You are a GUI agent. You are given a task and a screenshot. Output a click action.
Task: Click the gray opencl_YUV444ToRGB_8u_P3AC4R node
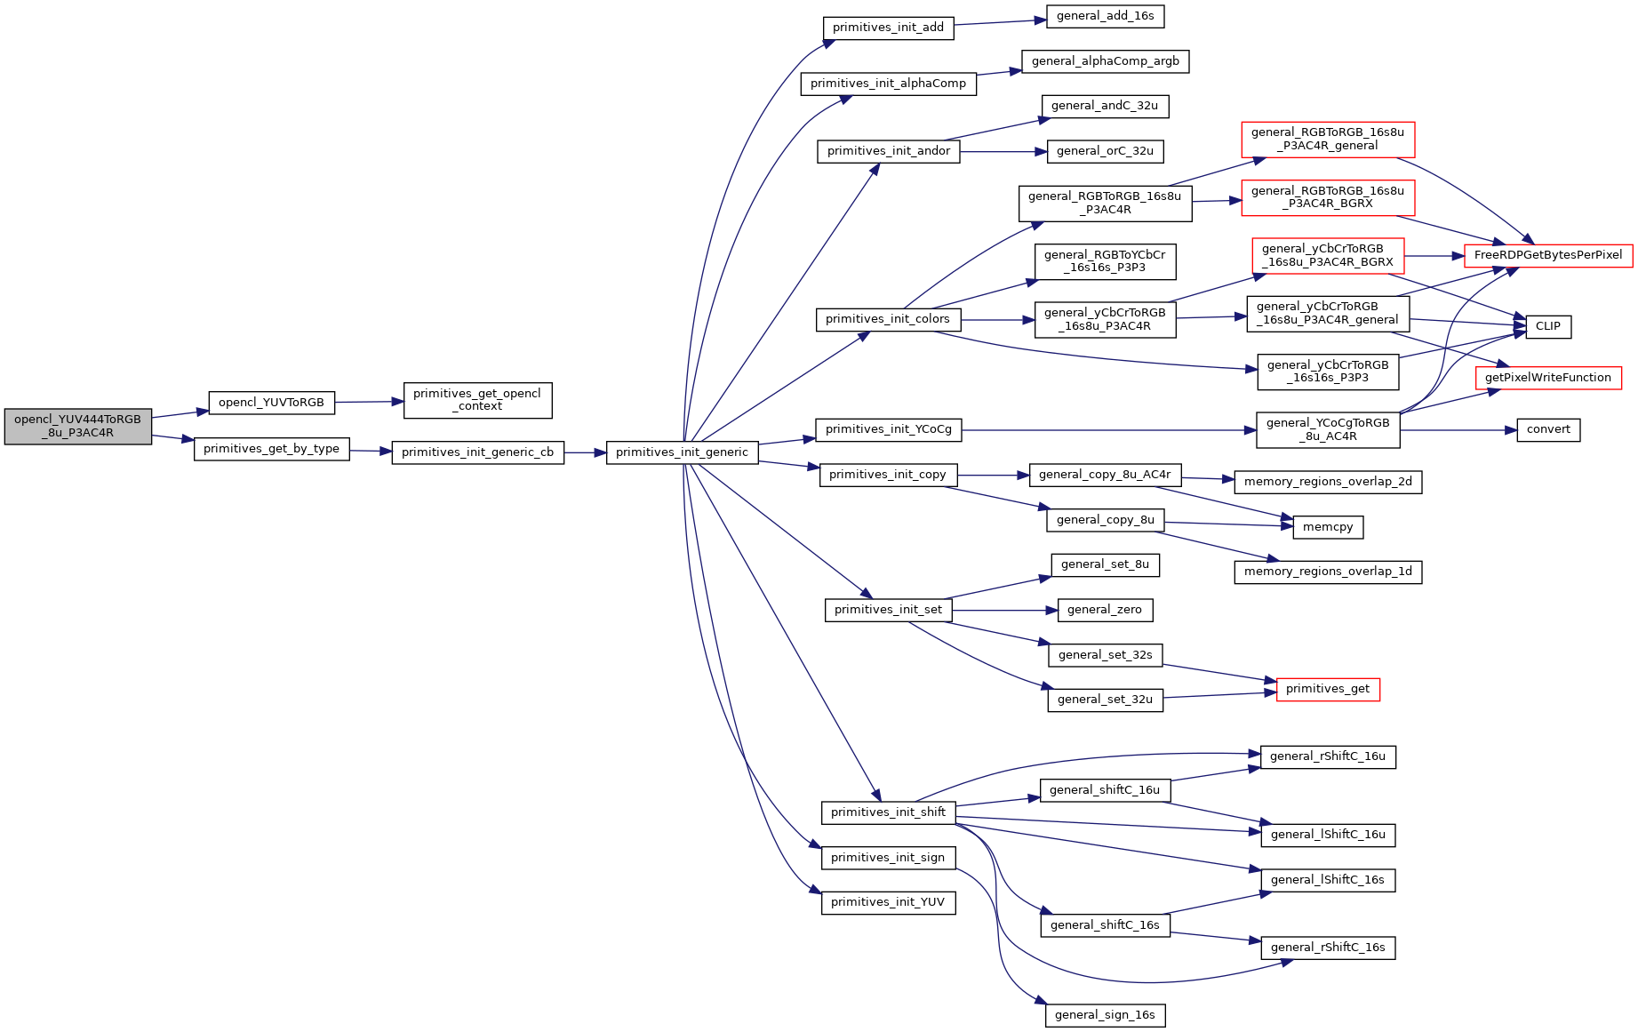[78, 427]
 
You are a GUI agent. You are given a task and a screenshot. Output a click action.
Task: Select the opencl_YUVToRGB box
[272, 403]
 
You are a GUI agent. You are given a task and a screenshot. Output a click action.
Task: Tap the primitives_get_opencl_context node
[477, 400]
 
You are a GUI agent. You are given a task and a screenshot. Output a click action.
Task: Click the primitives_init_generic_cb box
[477, 452]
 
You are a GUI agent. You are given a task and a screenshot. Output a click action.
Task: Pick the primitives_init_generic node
[683, 452]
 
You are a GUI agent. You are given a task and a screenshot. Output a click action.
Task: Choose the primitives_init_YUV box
[888, 902]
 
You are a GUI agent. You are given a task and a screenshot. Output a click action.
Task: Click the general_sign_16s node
[1105, 1015]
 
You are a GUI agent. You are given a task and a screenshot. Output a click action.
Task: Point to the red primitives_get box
[1328, 689]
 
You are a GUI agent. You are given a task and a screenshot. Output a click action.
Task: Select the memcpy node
[1328, 527]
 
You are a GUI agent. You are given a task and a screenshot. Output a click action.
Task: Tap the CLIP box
[1548, 326]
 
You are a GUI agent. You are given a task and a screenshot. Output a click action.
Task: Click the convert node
[1548, 429]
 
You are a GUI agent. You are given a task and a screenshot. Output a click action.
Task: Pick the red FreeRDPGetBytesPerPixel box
[1548, 255]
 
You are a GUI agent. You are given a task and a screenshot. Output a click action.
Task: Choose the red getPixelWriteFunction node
[1548, 378]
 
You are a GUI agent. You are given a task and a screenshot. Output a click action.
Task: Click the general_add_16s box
[1105, 16]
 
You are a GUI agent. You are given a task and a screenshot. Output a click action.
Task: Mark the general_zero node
[1105, 610]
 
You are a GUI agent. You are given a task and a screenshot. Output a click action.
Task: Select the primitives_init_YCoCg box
[888, 429]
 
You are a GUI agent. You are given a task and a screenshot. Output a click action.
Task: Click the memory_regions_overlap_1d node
[1328, 572]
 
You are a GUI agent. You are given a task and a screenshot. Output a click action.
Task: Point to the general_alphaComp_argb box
[1105, 61]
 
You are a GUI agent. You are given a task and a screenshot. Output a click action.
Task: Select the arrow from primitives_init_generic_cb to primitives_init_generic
[585, 452]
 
